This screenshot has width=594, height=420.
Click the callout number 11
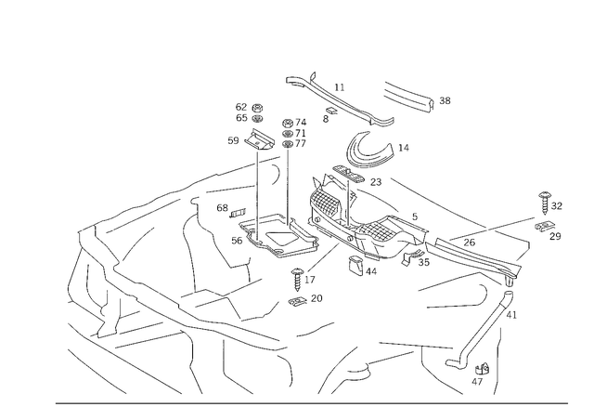coord(340,87)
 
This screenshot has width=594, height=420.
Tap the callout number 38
coord(445,101)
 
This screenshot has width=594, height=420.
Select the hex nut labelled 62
coord(258,108)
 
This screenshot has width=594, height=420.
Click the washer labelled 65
coord(258,118)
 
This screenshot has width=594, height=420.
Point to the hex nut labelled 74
coord(287,123)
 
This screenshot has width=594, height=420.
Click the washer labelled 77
coord(288,144)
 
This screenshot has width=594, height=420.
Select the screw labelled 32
coord(545,203)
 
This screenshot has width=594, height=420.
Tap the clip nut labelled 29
coord(544,226)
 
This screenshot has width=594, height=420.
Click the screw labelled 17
coord(297,279)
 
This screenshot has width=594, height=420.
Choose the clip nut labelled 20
coord(297,301)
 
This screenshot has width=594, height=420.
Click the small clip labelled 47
coord(483,369)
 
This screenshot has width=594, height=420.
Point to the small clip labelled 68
coord(238,214)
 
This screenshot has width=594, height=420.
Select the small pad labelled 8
coord(331,111)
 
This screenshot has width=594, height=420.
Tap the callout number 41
coord(511,315)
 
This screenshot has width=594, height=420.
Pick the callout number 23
coord(375,182)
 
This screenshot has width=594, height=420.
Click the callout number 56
coord(237,241)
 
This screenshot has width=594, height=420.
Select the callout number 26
coord(469,243)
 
